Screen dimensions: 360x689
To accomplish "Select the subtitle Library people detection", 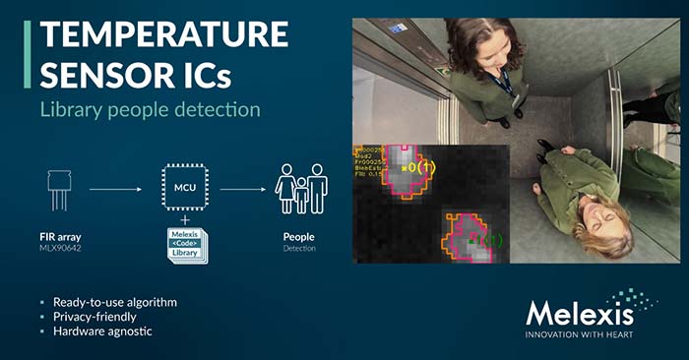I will coord(149,109).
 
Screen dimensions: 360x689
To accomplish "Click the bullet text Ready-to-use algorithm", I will coord(114,302).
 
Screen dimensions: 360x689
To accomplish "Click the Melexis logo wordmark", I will coord(579,314).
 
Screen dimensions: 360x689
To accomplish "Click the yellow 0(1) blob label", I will coord(423,168).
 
